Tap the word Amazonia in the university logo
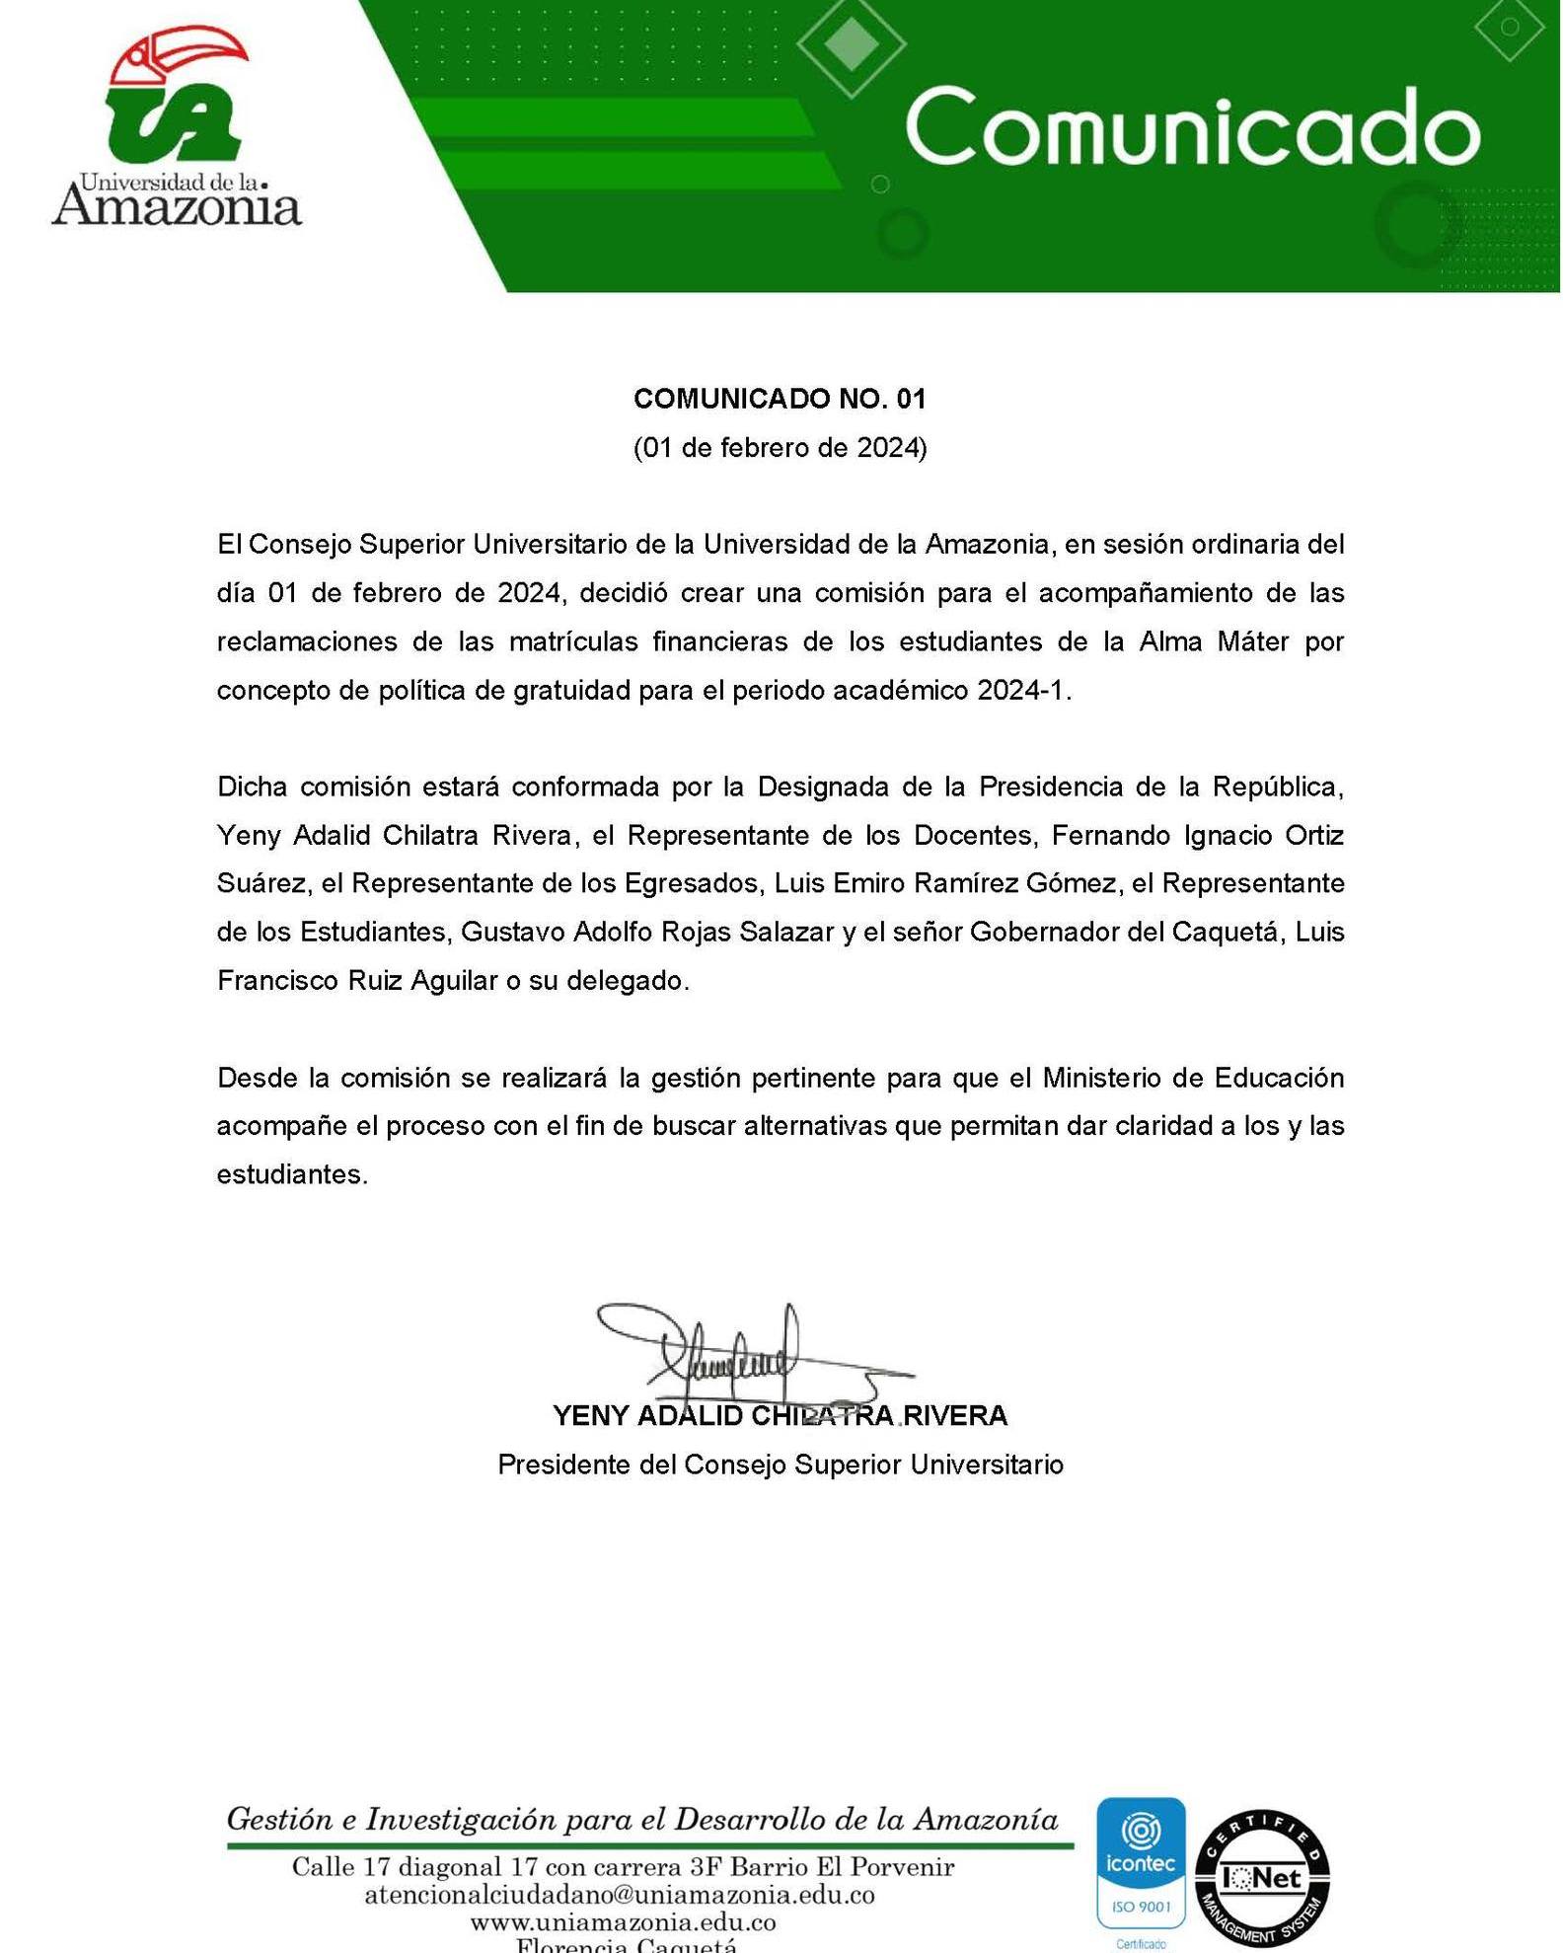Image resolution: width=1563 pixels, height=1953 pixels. [177, 208]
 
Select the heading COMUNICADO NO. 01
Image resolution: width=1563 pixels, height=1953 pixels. [780, 399]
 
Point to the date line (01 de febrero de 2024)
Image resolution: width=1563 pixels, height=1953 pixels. [780, 448]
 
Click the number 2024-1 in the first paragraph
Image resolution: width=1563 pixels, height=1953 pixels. [1021, 690]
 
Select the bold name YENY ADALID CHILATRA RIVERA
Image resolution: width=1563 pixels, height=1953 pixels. [780, 1415]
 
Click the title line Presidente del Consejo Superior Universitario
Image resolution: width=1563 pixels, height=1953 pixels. [780, 1465]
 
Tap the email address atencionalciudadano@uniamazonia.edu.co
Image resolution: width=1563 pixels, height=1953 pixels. [620, 1895]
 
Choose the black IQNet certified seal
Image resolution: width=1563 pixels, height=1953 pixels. [1262, 1878]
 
